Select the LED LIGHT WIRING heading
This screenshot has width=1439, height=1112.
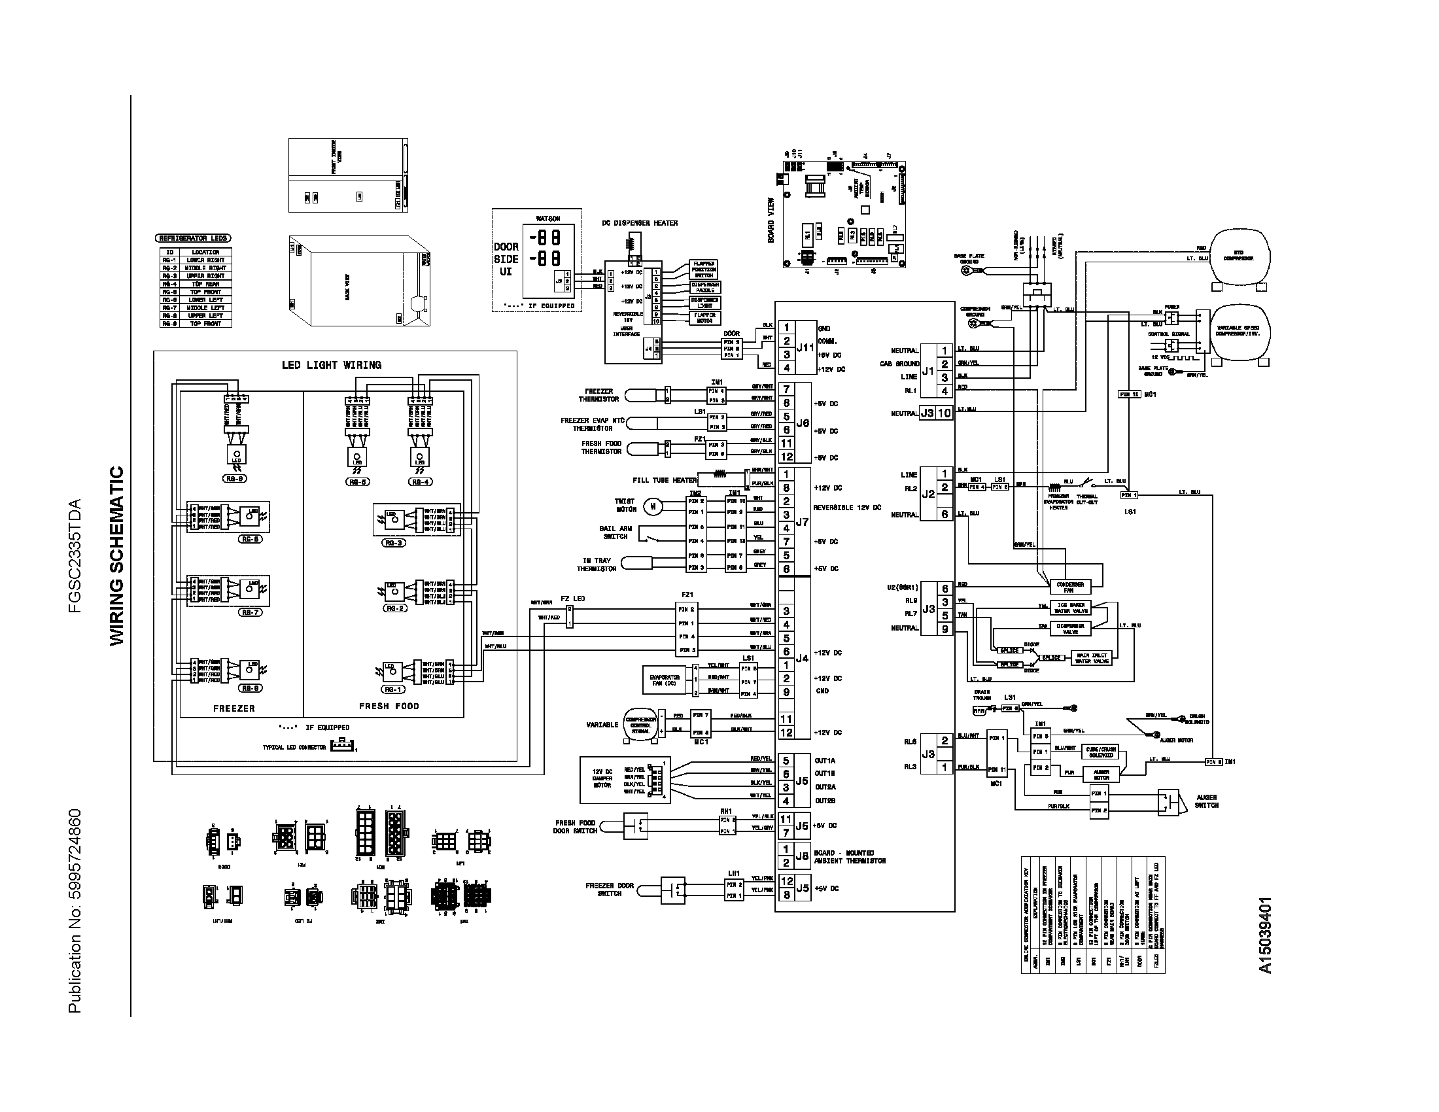(332, 365)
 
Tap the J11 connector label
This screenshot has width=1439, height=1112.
(805, 348)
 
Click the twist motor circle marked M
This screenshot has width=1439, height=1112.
(653, 506)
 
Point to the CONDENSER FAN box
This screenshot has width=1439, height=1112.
(1070, 586)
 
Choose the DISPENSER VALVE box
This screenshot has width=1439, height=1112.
(1071, 629)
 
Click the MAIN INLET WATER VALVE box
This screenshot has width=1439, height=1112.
(1092, 657)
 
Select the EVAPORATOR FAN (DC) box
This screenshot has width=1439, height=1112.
(665, 680)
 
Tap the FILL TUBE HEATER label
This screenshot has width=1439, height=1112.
(664, 480)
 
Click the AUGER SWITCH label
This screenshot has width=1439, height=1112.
(1206, 801)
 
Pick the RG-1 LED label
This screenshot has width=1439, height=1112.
(392, 689)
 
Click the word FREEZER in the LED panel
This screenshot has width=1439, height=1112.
(234, 708)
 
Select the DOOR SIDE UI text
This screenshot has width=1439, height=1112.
(506, 259)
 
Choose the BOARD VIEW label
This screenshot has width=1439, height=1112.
(771, 220)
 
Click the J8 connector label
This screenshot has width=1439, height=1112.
(802, 856)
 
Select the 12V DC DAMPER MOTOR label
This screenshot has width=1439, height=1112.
(602, 778)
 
